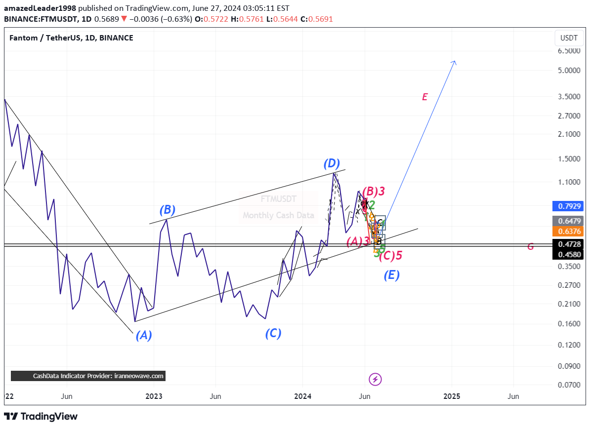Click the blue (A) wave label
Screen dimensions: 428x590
[x=144, y=336]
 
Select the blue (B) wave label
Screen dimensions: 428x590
[x=168, y=210]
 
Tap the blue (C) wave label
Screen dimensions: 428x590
[x=273, y=334]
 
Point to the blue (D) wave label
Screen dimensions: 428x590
[x=332, y=163]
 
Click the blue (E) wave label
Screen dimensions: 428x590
[x=391, y=275]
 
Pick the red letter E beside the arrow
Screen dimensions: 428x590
[x=424, y=97]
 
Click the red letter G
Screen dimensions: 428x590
[x=530, y=247]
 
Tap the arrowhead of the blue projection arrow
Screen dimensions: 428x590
[x=455, y=62]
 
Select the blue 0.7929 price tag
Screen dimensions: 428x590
[x=569, y=206]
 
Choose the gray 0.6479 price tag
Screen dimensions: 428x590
[x=569, y=221]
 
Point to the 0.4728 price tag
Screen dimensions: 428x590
[x=569, y=244]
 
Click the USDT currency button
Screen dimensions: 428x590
[x=569, y=38]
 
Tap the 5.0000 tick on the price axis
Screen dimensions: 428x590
[x=569, y=70]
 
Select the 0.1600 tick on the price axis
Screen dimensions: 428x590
[x=569, y=323]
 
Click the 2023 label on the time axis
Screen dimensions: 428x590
[x=154, y=396]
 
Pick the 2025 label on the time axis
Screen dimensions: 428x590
[x=452, y=396]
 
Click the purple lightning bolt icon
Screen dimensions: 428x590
[x=376, y=379]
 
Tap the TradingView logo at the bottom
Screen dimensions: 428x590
[x=41, y=417]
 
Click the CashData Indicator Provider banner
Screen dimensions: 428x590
[x=88, y=376]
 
